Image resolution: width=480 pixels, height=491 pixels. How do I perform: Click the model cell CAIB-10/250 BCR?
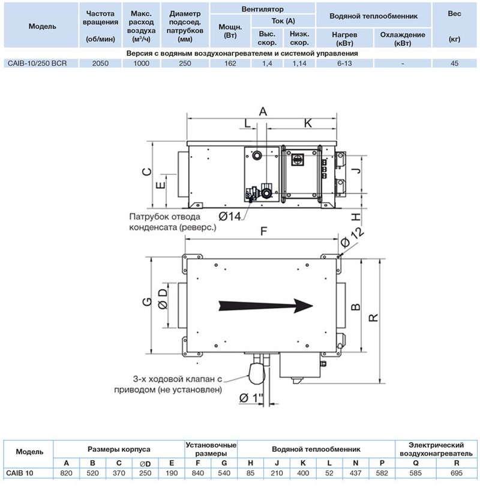37,63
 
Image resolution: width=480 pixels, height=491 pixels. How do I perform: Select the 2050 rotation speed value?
100,63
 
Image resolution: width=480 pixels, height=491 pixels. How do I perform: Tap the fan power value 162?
230,63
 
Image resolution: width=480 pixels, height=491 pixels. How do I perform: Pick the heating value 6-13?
344,63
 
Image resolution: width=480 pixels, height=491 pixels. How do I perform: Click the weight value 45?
454,63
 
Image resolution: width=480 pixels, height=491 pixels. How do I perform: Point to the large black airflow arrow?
266,306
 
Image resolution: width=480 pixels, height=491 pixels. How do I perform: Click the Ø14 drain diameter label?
230,216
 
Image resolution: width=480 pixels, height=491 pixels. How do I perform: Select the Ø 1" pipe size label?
251,398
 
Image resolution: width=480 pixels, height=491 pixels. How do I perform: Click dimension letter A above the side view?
263,111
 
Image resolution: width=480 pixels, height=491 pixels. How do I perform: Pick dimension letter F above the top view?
263,231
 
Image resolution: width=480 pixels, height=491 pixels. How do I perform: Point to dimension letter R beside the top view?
373,317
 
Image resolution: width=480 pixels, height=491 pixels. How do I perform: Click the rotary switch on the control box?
296,159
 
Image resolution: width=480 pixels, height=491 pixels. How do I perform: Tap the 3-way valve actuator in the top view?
256,373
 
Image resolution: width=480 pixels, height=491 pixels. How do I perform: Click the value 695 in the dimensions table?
456,473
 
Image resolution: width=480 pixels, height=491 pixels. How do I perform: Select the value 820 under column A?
66,473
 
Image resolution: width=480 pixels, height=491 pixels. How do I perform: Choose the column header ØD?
145,464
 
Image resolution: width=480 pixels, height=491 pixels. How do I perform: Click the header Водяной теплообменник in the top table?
373,16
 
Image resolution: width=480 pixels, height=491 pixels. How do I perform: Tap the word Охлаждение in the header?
403,35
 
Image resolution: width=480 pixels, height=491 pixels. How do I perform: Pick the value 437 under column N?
356,473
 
